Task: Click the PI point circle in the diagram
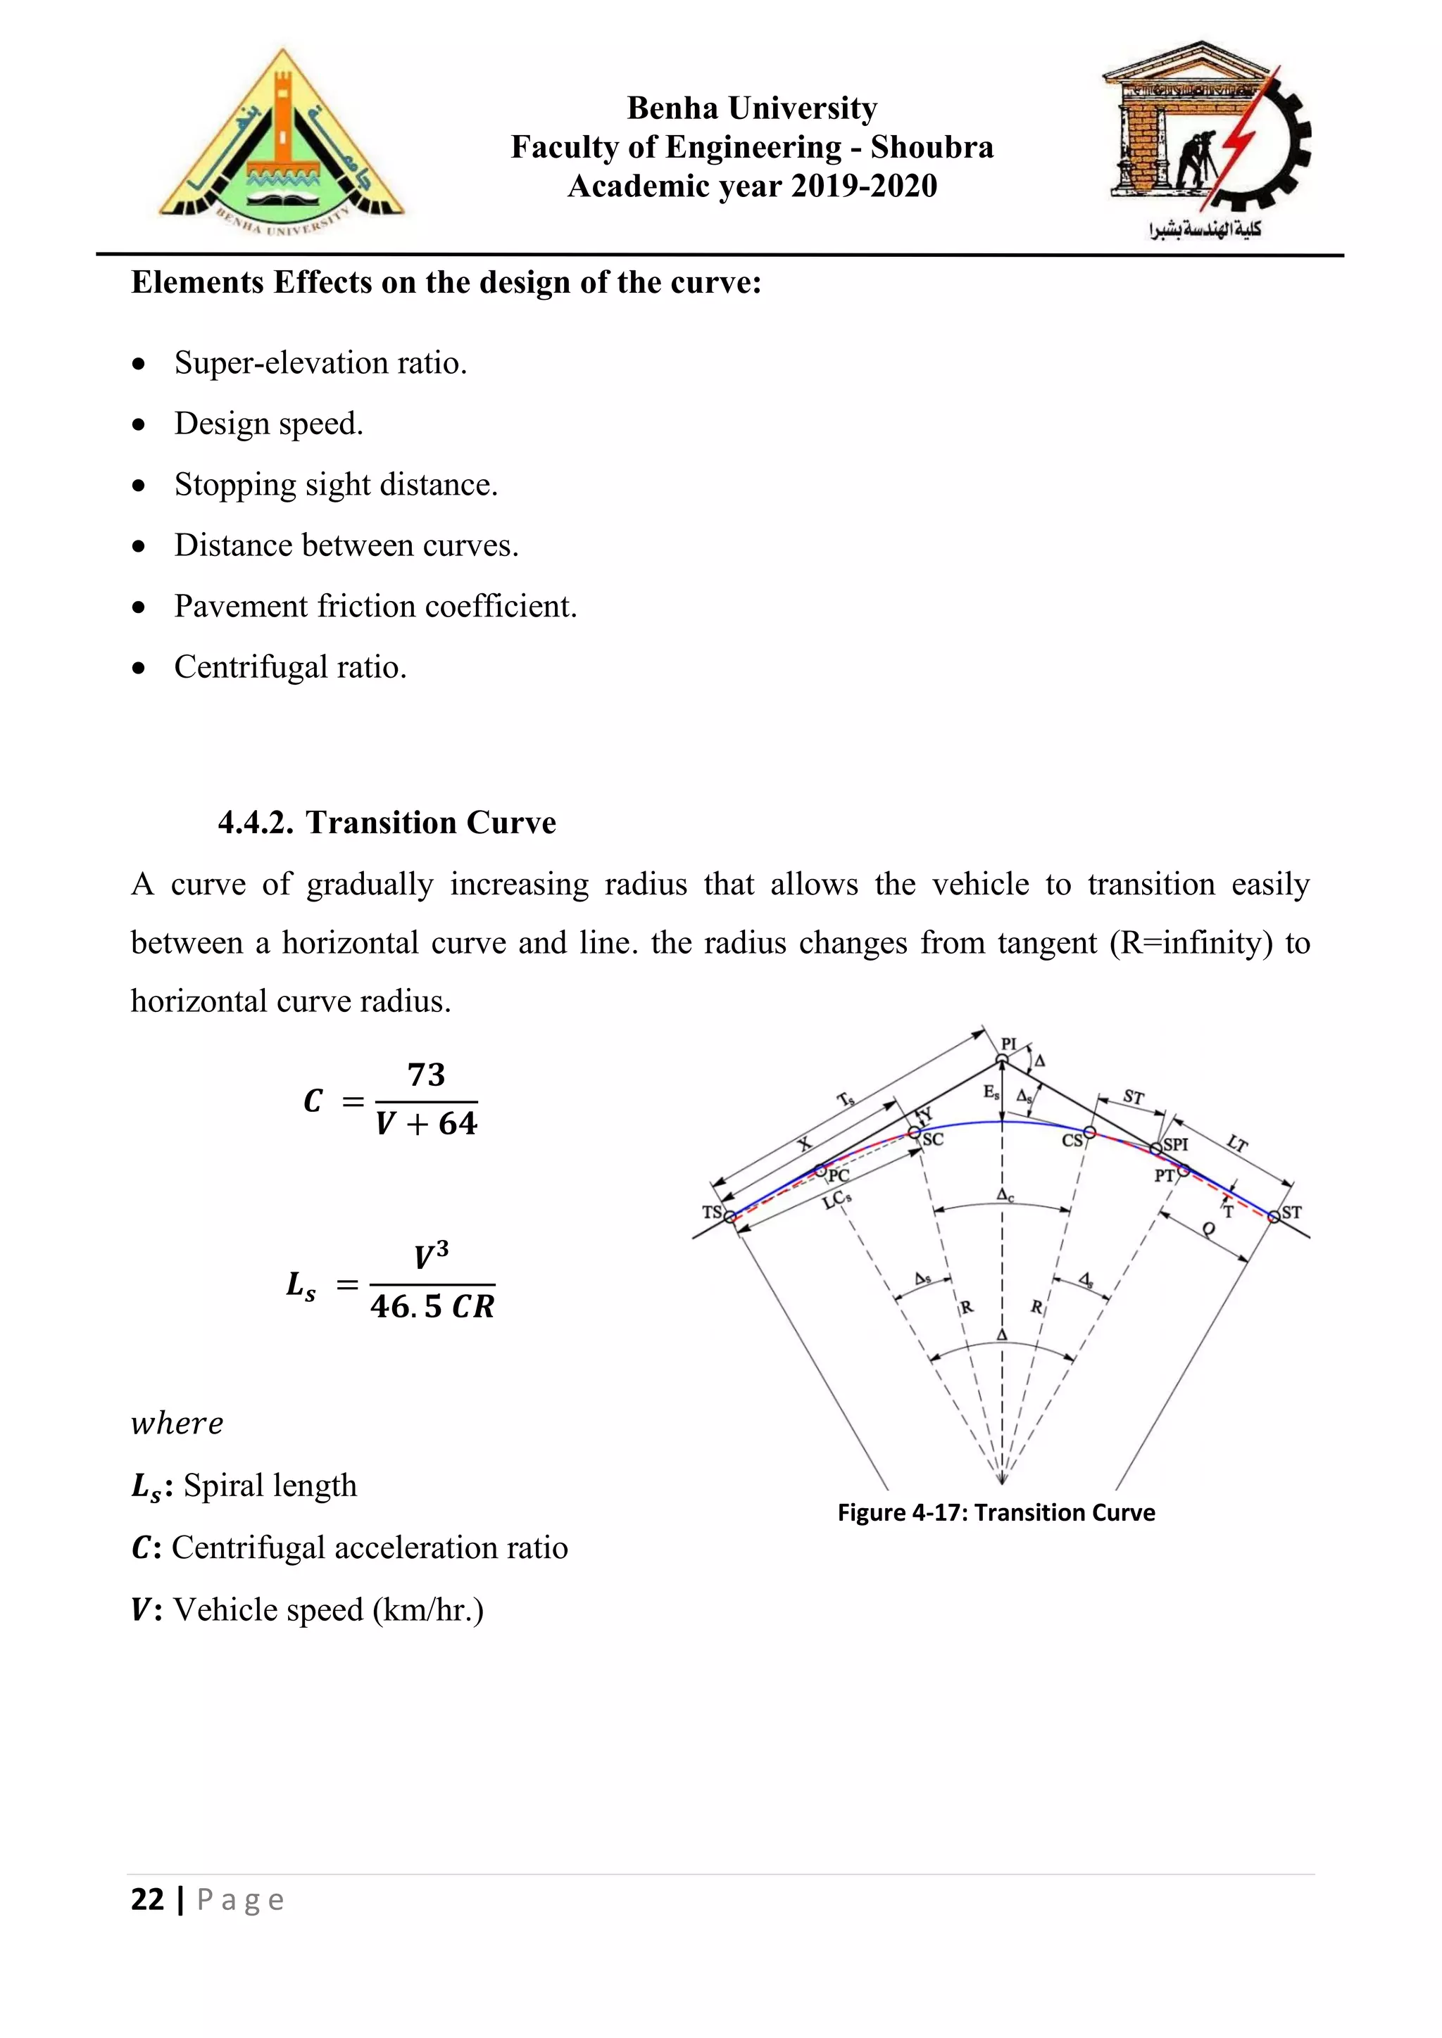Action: click(x=1003, y=1059)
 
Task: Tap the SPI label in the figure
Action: click(x=1176, y=1145)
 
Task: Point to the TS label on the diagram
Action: click(x=711, y=1212)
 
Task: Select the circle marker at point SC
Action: click(x=914, y=1132)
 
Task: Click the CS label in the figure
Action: click(x=1072, y=1140)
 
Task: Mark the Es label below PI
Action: click(x=991, y=1093)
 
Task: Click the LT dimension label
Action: click(x=1237, y=1144)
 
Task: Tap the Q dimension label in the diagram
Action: click(x=1208, y=1229)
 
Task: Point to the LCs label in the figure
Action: click(x=837, y=1200)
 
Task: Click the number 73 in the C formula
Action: click(x=426, y=1075)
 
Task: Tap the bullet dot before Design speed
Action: click(x=139, y=425)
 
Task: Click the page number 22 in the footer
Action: click(x=147, y=1899)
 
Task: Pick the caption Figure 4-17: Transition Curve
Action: click(x=996, y=1512)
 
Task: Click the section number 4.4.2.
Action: click(x=256, y=823)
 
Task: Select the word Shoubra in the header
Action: click(x=932, y=147)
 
